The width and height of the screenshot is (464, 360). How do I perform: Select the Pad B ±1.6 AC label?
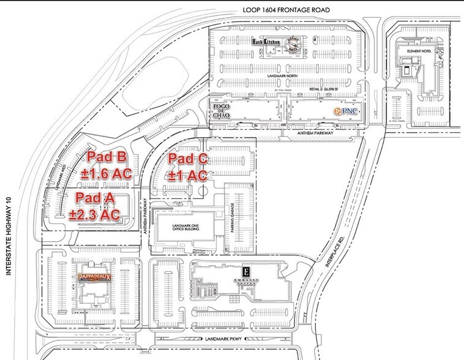(108, 165)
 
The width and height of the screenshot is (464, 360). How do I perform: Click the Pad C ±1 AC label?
(189, 167)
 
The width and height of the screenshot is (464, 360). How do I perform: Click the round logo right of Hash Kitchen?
(295, 46)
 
